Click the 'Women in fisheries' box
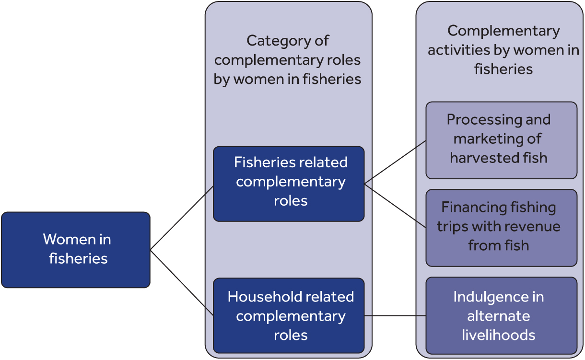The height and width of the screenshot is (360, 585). pos(76,250)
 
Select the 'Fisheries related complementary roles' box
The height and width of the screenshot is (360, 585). pos(289,184)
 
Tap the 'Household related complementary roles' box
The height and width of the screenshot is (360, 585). pos(289,316)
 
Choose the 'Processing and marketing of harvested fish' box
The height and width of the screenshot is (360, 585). pos(501,140)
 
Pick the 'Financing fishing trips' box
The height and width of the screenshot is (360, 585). pos(501,228)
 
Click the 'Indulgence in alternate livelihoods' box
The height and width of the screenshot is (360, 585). pos(501,315)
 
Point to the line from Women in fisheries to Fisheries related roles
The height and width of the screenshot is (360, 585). pos(182,218)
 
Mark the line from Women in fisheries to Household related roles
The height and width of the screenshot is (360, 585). pos(182,282)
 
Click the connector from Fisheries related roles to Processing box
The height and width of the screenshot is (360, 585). pos(395,163)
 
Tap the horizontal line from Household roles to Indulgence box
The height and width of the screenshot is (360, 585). pos(395,316)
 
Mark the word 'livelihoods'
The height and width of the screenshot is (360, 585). pos(499,335)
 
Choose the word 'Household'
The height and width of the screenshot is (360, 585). pos(259,297)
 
